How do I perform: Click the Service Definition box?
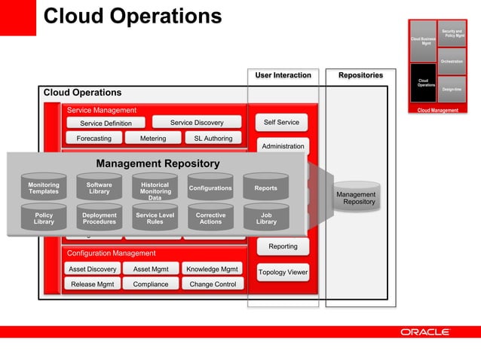click(x=106, y=124)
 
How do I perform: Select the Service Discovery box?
click(x=197, y=123)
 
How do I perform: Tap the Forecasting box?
click(x=93, y=139)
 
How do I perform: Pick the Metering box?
click(x=152, y=139)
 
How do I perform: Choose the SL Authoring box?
click(x=213, y=139)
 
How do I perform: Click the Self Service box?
click(x=281, y=122)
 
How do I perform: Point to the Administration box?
click(x=283, y=146)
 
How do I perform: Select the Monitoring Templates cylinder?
click(x=44, y=188)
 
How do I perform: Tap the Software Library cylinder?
click(x=99, y=188)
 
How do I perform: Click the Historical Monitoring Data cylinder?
click(x=155, y=190)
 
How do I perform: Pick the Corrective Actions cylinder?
click(x=210, y=218)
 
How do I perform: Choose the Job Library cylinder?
click(x=266, y=218)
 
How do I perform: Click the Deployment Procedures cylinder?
click(x=99, y=218)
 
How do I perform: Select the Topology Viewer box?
click(x=283, y=273)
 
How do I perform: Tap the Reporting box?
click(x=283, y=246)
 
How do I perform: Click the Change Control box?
click(x=213, y=284)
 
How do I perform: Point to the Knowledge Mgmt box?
click(x=213, y=269)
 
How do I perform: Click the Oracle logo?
click(x=424, y=331)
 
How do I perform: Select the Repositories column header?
click(x=360, y=75)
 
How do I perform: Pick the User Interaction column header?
click(x=283, y=75)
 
